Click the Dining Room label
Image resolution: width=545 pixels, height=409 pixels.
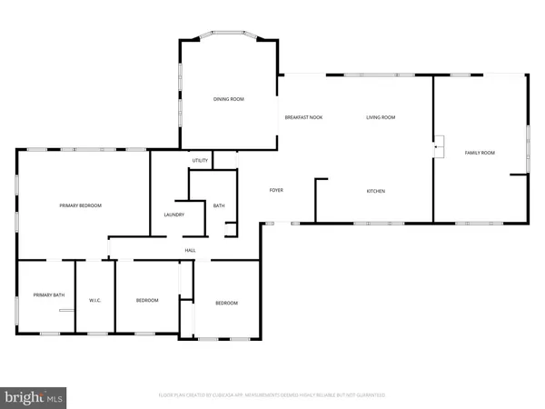click(229, 99)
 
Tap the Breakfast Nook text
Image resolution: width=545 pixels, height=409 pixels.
click(303, 117)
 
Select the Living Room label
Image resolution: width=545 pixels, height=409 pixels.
click(381, 117)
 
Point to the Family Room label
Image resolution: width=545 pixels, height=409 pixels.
click(480, 153)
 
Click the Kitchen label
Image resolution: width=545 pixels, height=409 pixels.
click(376, 191)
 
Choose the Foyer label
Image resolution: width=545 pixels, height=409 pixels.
click(277, 190)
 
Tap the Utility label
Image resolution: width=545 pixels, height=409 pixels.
click(201, 161)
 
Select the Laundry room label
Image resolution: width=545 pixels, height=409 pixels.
click(174, 214)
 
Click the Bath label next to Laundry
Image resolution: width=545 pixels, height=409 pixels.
click(219, 206)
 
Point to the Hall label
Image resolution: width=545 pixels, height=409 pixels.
click(191, 250)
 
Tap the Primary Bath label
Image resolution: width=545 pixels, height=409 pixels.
click(48, 295)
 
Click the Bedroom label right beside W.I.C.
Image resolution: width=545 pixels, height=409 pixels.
click(147, 301)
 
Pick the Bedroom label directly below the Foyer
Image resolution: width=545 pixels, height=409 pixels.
click(226, 303)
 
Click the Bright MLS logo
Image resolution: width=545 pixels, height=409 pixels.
click(35, 396)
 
